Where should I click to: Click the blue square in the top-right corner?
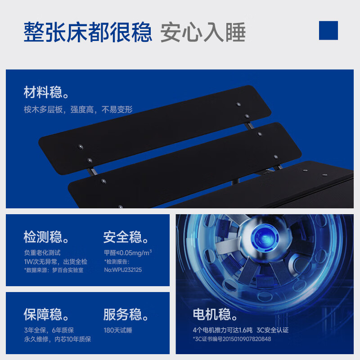(328, 30)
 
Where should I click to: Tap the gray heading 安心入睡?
(203, 32)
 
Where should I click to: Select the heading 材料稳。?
(46, 92)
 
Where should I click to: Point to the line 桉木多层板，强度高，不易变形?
(78, 109)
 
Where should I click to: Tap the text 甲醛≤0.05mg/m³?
(128, 252)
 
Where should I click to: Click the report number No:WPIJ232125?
(123, 270)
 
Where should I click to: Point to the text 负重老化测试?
(42, 252)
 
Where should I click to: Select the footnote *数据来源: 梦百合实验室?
(54, 270)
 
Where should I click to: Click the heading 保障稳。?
(46, 314)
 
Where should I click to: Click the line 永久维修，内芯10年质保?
(57, 339)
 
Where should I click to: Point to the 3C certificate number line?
(232, 339)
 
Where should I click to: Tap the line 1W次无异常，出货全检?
(55, 261)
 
